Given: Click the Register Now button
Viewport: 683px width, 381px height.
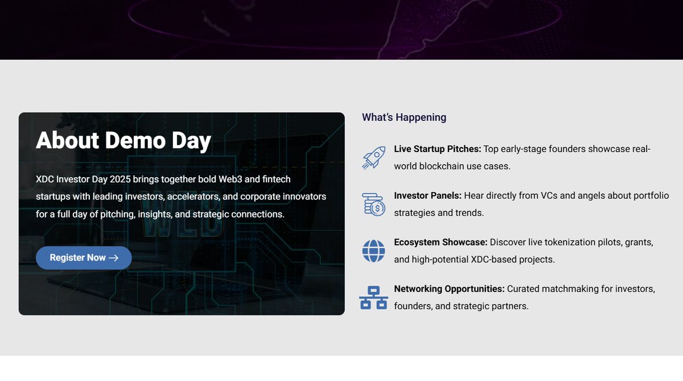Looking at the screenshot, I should tap(84, 258).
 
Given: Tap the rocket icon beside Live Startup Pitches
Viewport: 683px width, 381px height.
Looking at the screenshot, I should tap(373, 157).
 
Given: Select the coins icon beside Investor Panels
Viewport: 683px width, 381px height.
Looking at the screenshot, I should tap(373, 204).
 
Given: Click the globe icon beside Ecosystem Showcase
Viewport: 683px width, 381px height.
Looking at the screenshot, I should tap(373, 251).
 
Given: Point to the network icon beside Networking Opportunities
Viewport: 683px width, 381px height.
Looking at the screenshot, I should tap(373, 297).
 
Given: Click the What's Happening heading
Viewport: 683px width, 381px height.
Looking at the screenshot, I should tap(404, 117).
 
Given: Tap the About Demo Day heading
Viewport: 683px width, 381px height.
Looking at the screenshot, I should tap(124, 141).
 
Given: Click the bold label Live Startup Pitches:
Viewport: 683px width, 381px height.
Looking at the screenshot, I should tap(437, 149).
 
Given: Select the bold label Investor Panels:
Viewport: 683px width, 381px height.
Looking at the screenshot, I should tap(427, 196).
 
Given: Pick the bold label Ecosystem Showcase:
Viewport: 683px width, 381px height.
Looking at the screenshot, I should tap(441, 243).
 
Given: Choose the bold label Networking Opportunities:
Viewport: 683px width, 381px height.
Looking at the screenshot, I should tap(449, 289).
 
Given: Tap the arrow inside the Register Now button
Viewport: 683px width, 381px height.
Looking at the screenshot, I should tap(113, 258).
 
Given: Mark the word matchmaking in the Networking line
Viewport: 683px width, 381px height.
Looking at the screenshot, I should tap(571, 289).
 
